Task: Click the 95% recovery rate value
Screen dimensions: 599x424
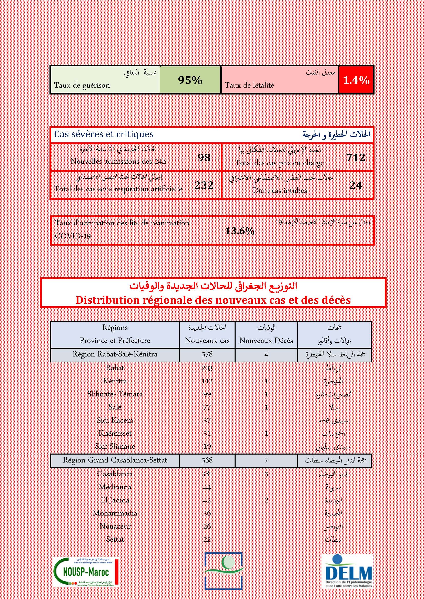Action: pos(190,80)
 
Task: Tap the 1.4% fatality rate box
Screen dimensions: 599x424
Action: pos(356,80)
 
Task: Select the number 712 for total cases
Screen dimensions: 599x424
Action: pos(356,157)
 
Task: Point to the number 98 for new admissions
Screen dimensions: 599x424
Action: pos(204,157)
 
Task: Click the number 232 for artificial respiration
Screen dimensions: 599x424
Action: pos(204,185)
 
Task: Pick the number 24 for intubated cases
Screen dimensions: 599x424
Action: pos(356,185)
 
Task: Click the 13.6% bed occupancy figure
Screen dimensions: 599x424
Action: pos(240,231)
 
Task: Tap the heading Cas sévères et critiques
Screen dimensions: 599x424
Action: pos(104,134)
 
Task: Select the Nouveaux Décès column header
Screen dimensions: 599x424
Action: pos(266,340)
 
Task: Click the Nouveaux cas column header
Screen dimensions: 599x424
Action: pos(207,340)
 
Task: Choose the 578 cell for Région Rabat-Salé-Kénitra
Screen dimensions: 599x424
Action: pos(207,354)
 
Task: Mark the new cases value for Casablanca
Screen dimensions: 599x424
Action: pos(207,474)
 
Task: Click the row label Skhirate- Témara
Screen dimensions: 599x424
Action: pos(115,394)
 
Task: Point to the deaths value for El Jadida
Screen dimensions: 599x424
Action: pos(266,500)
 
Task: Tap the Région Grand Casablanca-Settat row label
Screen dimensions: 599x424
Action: pos(115,460)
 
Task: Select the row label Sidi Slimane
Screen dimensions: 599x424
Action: pos(115,446)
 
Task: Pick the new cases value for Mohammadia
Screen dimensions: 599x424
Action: pos(207,513)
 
